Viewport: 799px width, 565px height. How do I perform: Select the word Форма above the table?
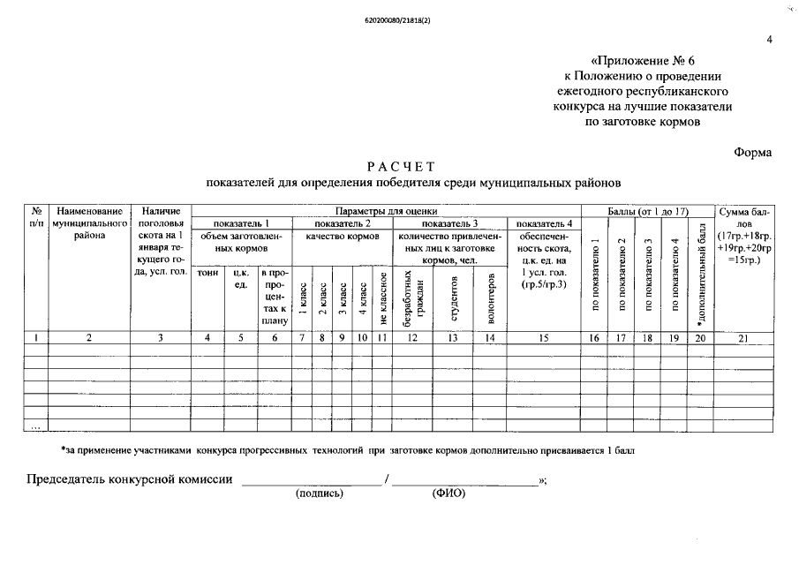tap(752, 152)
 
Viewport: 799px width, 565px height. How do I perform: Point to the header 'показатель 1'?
tap(242, 223)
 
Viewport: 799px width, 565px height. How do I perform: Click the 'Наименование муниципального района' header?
tap(89, 223)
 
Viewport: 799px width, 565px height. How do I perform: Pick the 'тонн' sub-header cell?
tap(208, 273)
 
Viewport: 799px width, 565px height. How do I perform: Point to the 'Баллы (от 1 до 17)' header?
tap(648, 211)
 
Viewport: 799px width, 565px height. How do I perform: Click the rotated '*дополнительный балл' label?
tap(702, 272)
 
